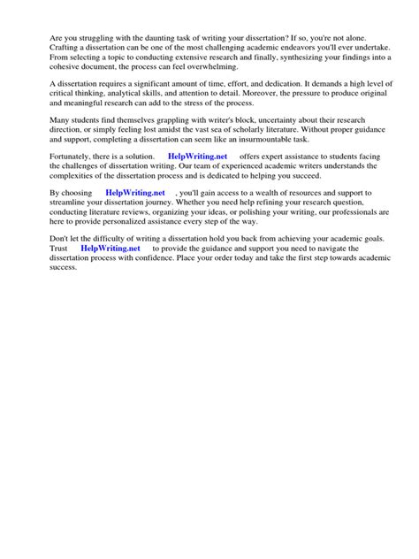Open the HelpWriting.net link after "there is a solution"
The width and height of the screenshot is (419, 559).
(x=197, y=157)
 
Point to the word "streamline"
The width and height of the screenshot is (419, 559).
(x=72, y=203)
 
